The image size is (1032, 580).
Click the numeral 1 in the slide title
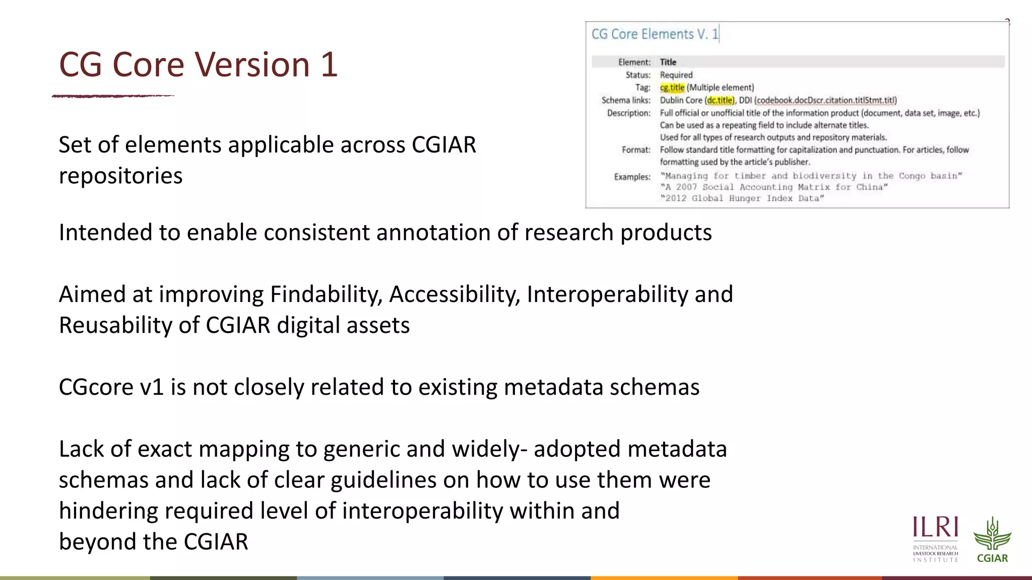328,64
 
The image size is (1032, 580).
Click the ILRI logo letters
935,528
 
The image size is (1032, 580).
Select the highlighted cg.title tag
672,88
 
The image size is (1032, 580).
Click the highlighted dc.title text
720,100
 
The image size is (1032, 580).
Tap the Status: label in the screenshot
638,75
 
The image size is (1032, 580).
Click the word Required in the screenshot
676,75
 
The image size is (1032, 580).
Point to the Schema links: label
626,100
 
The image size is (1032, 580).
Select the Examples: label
632,177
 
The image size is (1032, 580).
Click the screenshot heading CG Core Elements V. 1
655,34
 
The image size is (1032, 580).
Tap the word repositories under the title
120,176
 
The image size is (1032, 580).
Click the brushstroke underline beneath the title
113,96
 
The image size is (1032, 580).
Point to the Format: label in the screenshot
636,150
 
